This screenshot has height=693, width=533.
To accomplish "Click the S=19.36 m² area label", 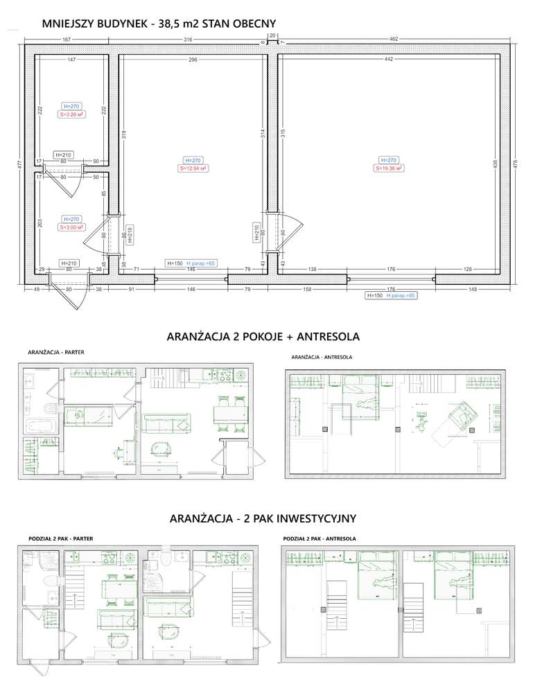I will coord(389,168).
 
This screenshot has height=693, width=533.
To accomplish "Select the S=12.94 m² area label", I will coord(193,168).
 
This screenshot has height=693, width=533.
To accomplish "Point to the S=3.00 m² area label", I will coord(71,227).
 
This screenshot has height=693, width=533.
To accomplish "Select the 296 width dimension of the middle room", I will coord(193,60).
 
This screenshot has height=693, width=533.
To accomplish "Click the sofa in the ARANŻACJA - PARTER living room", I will coord(167,420).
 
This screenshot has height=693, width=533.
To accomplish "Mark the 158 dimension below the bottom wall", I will coord(305,289).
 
